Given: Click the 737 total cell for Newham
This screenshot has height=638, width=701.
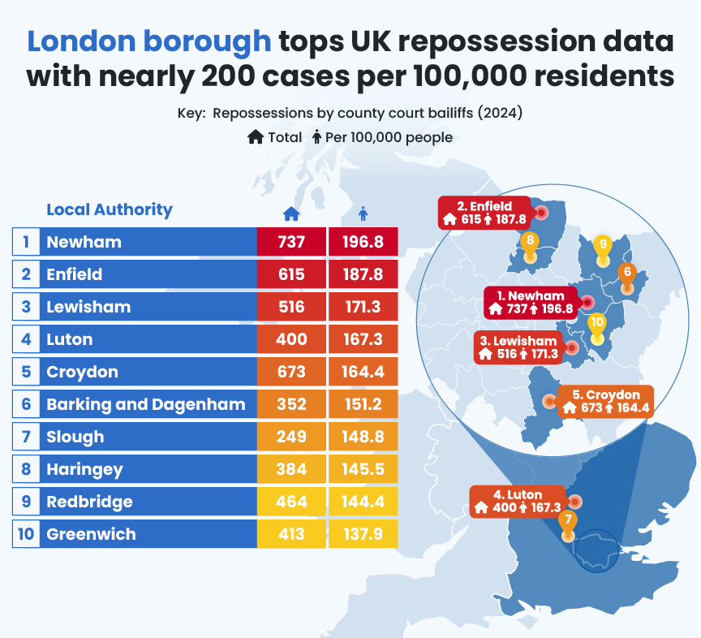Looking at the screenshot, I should coord(290,242).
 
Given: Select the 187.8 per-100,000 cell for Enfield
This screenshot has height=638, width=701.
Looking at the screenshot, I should coord(363,274).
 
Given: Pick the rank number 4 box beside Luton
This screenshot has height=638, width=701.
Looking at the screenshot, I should coord(26,339).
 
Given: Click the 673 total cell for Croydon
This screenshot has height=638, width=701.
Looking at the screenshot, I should coord(290,372).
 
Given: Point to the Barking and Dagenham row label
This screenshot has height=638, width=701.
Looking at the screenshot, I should coord(146,404).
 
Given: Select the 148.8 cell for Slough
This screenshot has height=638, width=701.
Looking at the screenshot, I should coord(363,437).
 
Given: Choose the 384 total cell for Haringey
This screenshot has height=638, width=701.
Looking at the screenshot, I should coord(290,469).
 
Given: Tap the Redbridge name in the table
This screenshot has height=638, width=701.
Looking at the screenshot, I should coord(89,502).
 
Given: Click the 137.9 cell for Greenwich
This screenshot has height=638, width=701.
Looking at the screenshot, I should coord(363,534).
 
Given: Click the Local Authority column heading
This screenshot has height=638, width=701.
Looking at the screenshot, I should coord(110,209).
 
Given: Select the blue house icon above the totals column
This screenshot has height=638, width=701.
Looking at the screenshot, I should coord(290,213).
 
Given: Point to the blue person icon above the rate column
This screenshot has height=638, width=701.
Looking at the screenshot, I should coord(363,213).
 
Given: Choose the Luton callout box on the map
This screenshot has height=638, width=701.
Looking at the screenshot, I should coord(517,502).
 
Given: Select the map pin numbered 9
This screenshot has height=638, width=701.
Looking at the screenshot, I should coord(601,248).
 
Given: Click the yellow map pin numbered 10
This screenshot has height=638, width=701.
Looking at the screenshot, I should coord(597,326).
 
